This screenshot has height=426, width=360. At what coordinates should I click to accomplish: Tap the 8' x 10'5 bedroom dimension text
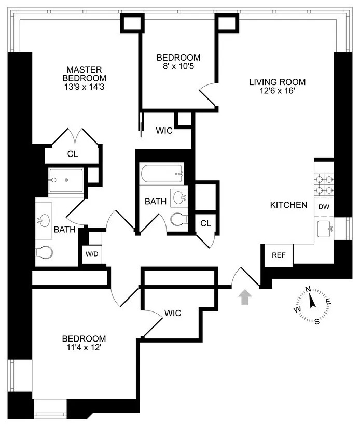click(178, 66)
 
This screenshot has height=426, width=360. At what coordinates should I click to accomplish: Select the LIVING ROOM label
click(277, 82)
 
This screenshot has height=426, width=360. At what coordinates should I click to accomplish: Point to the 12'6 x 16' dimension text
click(277, 91)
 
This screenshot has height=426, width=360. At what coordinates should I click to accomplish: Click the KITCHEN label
click(288, 205)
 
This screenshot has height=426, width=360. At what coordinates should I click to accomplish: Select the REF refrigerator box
click(279, 255)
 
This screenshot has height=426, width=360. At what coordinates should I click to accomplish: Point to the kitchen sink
click(325, 228)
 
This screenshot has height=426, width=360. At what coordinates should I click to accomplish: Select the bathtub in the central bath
click(161, 174)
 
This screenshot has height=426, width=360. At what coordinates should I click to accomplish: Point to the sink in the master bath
click(44, 221)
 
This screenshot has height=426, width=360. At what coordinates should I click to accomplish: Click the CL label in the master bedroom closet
click(72, 153)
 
